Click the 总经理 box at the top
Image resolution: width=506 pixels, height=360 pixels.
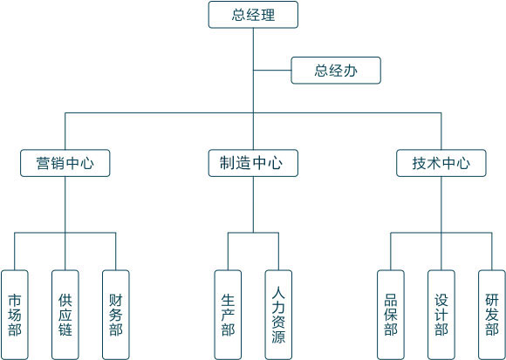tap(253, 15)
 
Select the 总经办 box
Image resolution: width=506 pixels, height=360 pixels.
tap(336, 71)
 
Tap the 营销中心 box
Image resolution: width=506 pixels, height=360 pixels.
tap(65, 163)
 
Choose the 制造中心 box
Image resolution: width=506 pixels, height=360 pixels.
tap(253, 163)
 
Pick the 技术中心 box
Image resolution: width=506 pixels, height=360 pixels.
tap(441, 163)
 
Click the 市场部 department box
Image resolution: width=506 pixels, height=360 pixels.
tap(15, 315)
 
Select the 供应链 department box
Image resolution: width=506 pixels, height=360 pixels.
tap(65, 315)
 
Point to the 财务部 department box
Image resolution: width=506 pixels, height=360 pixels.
tap(116, 315)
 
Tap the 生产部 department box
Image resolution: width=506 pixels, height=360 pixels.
tap(228, 315)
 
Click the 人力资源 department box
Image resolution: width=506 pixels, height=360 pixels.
tap(278, 315)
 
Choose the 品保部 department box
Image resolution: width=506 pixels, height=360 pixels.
tap(391, 315)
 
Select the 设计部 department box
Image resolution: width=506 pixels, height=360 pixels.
tap(441, 315)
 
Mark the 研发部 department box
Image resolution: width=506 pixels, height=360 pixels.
tap(492, 315)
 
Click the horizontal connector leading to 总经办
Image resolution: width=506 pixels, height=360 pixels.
tap(272, 71)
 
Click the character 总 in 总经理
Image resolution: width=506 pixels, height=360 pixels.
tap(239, 15)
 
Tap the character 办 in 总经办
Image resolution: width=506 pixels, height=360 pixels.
tap(351, 71)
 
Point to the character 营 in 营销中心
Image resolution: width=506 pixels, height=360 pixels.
tap(44, 163)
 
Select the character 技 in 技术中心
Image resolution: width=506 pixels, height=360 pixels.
tap(420, 163)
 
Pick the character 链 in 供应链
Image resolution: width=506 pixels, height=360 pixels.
tap(65, 329)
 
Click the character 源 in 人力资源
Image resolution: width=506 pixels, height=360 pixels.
tap(278, 336)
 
